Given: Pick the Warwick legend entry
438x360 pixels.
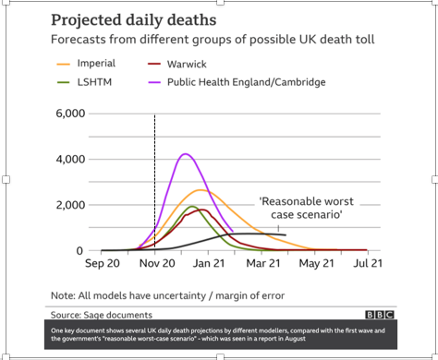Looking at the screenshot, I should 189,64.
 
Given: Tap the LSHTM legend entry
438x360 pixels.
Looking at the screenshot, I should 92,82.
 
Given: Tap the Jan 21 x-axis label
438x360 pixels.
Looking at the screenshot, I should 209,264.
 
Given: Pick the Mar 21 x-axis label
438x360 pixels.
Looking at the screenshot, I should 262,264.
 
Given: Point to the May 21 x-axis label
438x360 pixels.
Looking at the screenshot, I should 315,264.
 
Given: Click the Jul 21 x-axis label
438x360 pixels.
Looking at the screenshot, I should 367,264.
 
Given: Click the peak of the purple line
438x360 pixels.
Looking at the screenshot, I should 186,154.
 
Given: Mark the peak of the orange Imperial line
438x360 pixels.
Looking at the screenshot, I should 201,190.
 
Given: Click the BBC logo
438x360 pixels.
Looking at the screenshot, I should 379,314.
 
